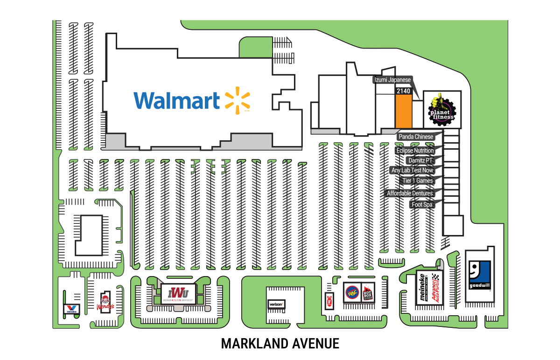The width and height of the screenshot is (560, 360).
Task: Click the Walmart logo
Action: click(x=191, y=100)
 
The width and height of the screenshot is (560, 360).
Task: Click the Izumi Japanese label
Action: click(x=392, y=80)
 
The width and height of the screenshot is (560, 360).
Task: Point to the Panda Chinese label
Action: click(x=415, y=137)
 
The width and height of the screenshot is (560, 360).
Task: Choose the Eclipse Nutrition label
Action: click(x=415, y=151)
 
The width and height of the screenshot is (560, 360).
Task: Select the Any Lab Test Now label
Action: click(x=412, y=171)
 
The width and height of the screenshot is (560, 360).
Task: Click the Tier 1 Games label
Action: click(x=418, y=180)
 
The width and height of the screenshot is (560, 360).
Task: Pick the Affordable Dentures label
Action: click(x=410, y=193)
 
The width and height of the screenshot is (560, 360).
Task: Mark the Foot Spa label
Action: click(x=422, y=204)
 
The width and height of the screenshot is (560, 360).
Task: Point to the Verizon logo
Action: click(x=275, y=304)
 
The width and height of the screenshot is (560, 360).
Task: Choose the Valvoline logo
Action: click(x=71, y=308)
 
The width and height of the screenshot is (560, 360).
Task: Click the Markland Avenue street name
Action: click(x=280, y=344)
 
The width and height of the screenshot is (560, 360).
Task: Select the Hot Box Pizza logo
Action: click(x=368, y=294)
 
